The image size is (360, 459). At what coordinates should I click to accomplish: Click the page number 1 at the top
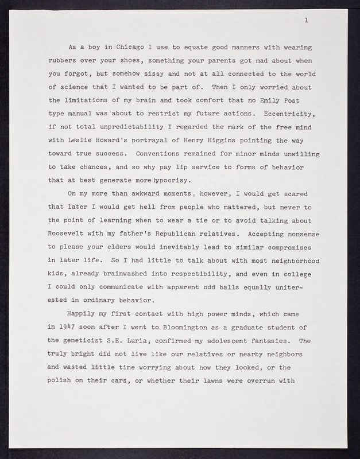click(x=307, y=21)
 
